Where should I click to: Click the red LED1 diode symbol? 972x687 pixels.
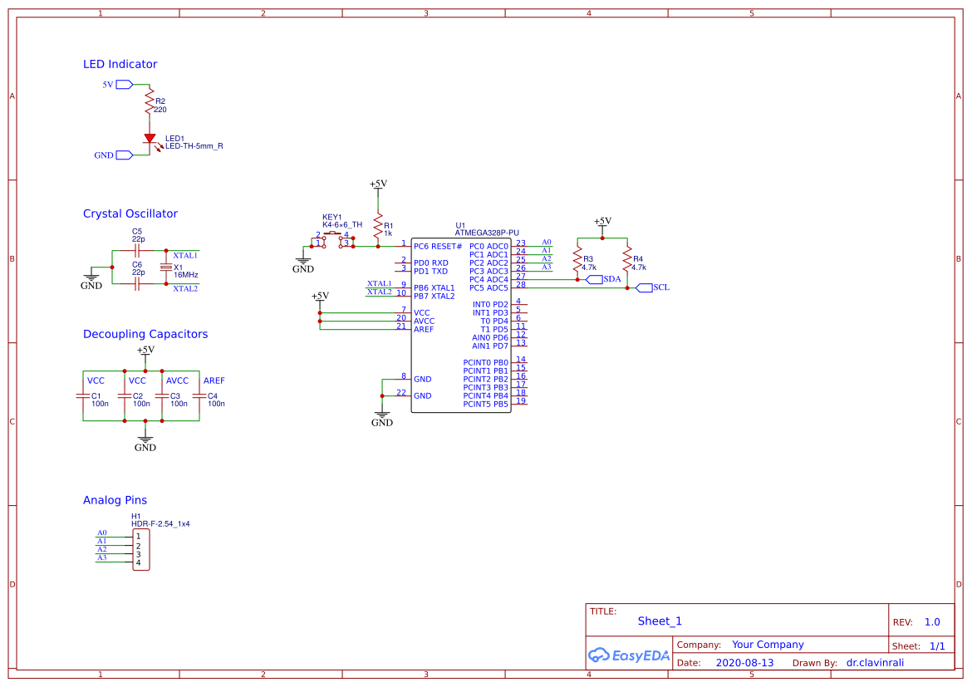click(150, 139)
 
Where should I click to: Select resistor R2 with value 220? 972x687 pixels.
click(150, 103)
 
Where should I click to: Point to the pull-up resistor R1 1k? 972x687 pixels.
click(378, 225)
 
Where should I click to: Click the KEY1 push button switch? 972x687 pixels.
click(332, 240)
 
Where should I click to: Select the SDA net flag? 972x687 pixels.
click(603, 279)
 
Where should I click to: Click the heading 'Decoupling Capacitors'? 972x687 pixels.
click(145, 334)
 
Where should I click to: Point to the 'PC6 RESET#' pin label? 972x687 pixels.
click(437, 247)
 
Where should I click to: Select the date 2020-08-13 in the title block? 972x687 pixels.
click(745, 663)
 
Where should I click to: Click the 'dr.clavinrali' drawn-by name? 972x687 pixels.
click(875, 663)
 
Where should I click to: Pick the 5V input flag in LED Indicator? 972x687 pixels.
click(124, 85)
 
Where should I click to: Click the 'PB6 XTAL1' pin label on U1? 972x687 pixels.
click(434, 287)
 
